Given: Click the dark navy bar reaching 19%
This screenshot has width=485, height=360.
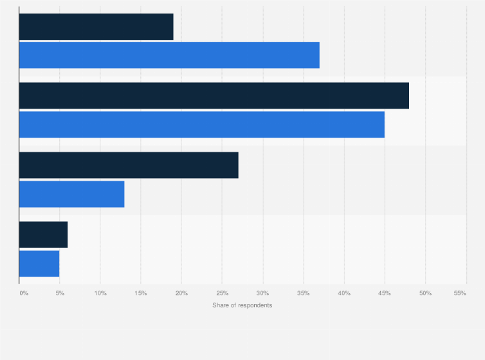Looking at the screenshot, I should click(96, 26).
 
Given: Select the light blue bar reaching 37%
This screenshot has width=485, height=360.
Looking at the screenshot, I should click(169, 55).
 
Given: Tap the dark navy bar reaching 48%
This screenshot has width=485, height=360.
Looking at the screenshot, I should click(214, 96).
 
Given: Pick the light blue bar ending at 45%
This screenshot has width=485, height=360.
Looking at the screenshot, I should click(201, 124).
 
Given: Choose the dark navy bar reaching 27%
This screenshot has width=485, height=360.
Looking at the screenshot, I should click(129, 165).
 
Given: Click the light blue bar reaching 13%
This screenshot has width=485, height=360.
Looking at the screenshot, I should click(71, 194).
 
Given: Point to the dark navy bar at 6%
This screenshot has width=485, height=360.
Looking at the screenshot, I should click(43, 235).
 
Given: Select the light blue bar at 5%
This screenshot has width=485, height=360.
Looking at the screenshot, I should click(39, 264).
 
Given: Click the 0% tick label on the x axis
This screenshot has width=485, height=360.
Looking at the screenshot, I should click(24, 293).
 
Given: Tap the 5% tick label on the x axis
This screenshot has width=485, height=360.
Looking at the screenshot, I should click(60, 293).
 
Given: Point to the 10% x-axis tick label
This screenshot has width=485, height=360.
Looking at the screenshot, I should click(100, 293).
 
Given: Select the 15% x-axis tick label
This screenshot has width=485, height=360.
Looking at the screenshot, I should click(141, 293).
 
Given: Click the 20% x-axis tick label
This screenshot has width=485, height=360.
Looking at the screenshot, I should click(181, 293).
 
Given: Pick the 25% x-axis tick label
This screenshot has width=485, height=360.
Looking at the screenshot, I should click(222, 293).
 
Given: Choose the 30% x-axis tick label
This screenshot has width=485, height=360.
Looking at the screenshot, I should click(262, 293).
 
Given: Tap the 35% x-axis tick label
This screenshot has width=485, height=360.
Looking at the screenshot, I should click(304, 293).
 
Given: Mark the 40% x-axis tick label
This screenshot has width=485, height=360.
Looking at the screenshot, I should click(344, 293).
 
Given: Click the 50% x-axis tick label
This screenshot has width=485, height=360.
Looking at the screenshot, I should click(425, 293).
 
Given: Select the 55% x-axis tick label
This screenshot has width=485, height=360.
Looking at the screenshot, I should click(460, 293).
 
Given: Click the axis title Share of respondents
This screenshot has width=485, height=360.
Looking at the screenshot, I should click(243, 305).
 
